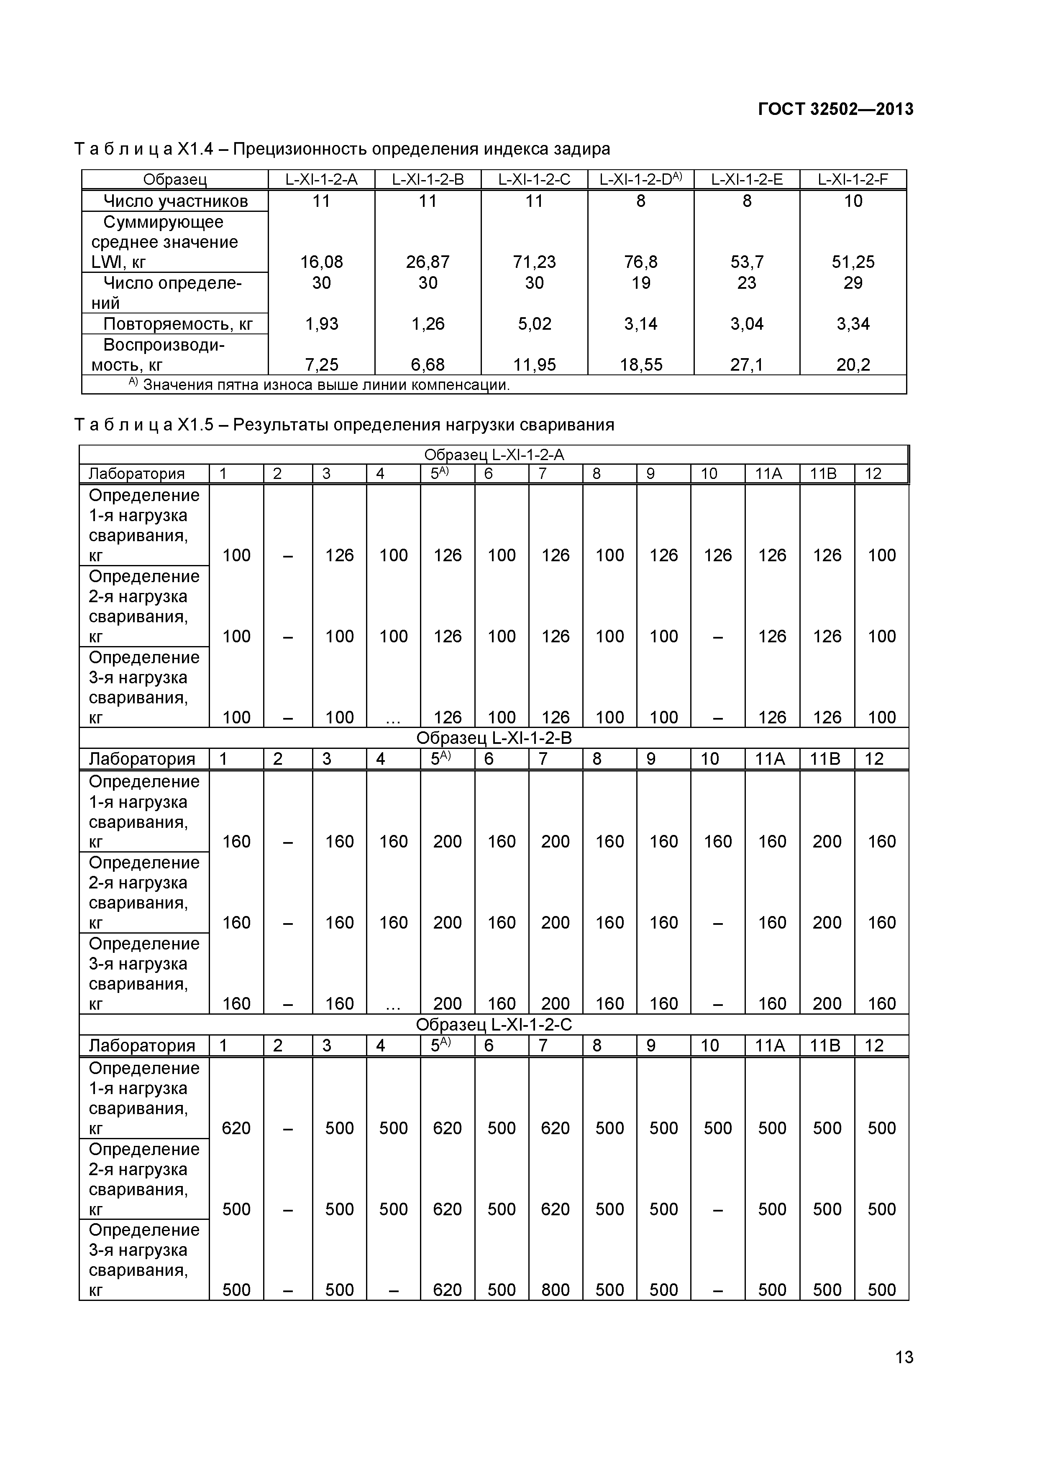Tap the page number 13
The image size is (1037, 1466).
[x=904, y=1375]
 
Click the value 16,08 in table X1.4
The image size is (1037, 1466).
[x=321, y=262]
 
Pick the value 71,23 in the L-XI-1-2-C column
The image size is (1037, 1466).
[x=534, y=262]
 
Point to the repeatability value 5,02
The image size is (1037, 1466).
[x=534, y=324]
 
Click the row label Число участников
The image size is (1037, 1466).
[x=176, y=201]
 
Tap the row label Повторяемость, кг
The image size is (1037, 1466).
[x=178, y=324]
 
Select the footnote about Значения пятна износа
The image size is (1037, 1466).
[x=320, y=384]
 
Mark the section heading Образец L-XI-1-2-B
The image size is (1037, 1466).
[x=494, y=738]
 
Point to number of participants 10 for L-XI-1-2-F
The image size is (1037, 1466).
[x=853, y=201]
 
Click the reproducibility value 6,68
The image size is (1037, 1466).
[x=428, y=364]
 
